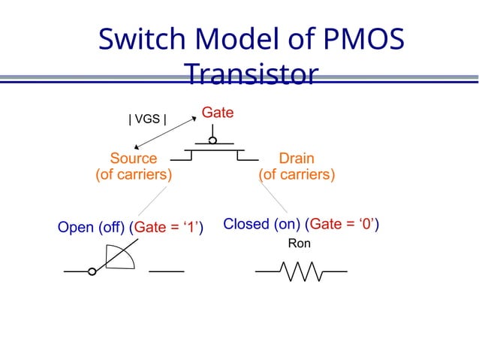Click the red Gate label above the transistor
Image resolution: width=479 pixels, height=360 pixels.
pyautogui.click(x=217, y=113)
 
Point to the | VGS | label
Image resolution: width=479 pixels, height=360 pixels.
pyautogui.click(x=148, y=119)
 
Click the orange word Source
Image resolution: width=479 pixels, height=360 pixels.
pyautogui.click(x=134, y=159)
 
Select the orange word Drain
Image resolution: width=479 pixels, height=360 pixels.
pyautogui.click(x=297, y=159)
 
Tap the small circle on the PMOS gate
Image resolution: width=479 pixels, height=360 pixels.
pyautogui.click(x=213, y=141)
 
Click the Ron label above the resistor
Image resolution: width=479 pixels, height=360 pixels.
pyautogui.click(x=300, y=244)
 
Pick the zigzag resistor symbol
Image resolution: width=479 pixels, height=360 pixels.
pyautogui.click(x=301, y=271)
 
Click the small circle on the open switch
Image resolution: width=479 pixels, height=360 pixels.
pyautogui.click(x=92, y=271)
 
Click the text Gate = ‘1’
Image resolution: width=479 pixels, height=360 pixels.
pyautogui.click(x=167, y=227)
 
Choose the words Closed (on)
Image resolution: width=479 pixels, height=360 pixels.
pyautogui.click(x=261, y=224)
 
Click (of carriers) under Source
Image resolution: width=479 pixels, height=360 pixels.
pyautogui.click(x=134, y=175)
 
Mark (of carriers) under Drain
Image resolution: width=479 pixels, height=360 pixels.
pyautogui.click(x=297, y=175)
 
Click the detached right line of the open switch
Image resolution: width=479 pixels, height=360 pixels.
pyautogui.click(x=167, y=271)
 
